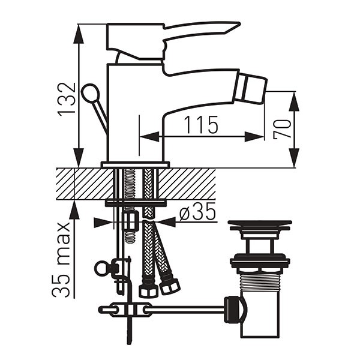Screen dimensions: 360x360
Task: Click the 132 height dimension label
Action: pyautogui.click(x=67, y=100)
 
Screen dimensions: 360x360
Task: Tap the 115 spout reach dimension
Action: pyautogui.click(x=201, y=125)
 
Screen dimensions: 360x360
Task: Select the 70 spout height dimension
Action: pyautogui.click(x=282, y=129)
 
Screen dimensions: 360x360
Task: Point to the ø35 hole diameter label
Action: pyautogui.click(x=197, y=212)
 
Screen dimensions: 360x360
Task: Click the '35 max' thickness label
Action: pyautogui.click(x=61, y=260)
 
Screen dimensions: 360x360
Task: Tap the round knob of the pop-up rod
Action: pyautogui.click(x=90, y=93)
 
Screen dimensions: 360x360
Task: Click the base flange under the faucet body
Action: pyautogui.click(x=135, y=165)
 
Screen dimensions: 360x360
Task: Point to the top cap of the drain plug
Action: pyautogui.click(x=260, y=225)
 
